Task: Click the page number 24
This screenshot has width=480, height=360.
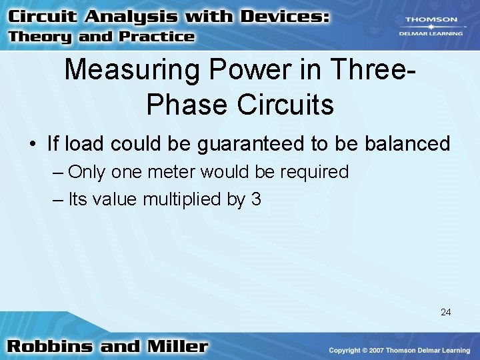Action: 446,311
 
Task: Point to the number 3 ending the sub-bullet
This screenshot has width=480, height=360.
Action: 257,199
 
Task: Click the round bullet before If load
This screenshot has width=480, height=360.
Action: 33,144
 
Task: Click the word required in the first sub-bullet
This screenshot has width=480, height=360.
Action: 314,172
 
